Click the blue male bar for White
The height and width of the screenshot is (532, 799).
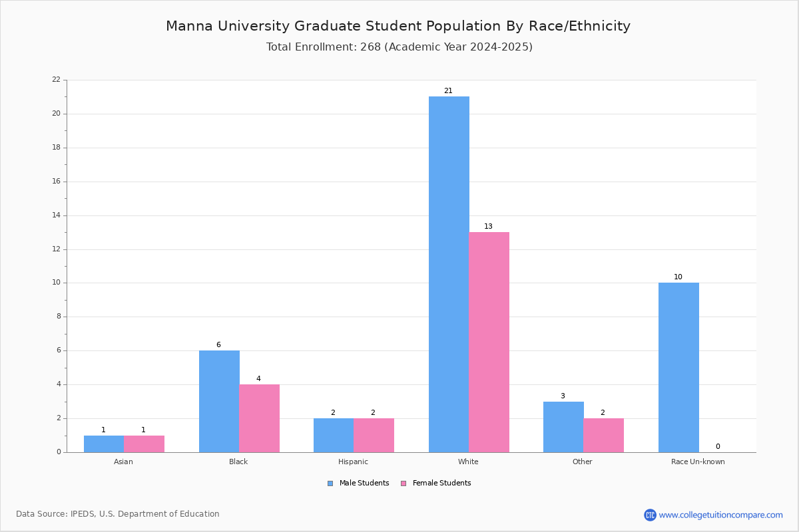click(449, 275)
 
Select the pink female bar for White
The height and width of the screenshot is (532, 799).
click(489, 342)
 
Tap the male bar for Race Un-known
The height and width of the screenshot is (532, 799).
click(678, 367)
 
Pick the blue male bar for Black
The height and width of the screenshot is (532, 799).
click(219, 402)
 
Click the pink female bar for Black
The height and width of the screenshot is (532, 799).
click(259, 418)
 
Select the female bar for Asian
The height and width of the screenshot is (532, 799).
click(144, 444)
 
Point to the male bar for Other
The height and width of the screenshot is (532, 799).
click(563, 427)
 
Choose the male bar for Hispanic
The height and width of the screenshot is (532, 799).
click(334, 436)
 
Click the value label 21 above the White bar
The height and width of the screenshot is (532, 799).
click(448, 91)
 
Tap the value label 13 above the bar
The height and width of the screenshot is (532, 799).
click(488, 226)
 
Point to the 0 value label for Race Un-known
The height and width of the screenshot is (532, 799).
click(718, 446)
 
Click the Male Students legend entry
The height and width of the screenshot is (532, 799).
click(358, 483)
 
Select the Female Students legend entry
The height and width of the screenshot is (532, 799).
click(436, 483)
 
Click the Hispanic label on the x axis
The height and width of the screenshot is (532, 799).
click(353, 462)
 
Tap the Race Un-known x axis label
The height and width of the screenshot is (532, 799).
click(698, 462)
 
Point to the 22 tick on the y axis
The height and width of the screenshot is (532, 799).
click(57, 79)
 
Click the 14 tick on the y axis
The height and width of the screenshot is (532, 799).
click(57, 215)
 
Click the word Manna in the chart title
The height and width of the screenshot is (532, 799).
click(189, 26)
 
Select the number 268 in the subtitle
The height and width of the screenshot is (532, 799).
click(371, 47)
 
